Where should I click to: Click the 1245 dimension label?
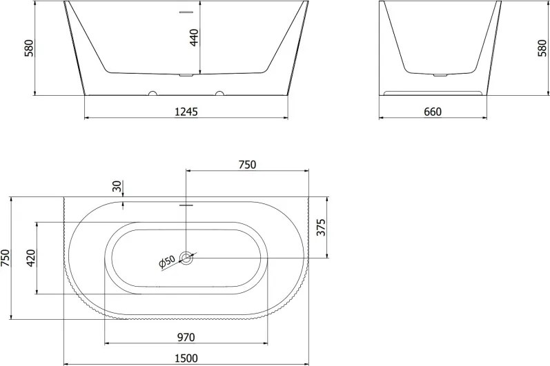[x=186, y=112]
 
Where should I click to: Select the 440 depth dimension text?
[x=194, y=37]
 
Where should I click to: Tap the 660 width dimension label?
[x=433, y=112]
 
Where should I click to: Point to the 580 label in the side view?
[x=542, y=48]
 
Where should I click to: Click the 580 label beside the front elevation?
[x=29, y=48]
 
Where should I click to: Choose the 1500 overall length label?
[x=186, y=358]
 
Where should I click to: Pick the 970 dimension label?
[x=186, y=337]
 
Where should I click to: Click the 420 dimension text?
[x=31, y=258]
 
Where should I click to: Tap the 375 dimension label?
[x=321, y=227]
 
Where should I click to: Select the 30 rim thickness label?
[x=118, y=186]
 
